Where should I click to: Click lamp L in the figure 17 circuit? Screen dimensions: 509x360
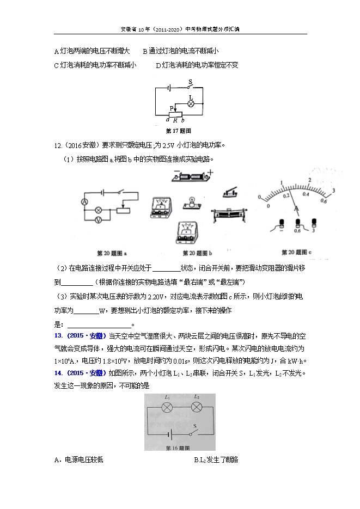click(191, 103)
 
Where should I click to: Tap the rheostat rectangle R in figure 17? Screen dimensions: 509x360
click(175, 115)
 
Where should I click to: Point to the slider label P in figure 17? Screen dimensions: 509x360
click(171, 108)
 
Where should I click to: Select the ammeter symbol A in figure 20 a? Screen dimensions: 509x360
click(85, 201)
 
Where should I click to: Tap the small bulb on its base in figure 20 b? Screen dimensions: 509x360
click(191, 200)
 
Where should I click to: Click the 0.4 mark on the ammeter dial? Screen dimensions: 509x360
click(306, 194)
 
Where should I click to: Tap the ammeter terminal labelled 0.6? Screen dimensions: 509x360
click(297, 223)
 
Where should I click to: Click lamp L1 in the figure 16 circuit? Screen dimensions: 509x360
click(168, 407)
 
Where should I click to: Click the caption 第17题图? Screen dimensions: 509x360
click(179, 131)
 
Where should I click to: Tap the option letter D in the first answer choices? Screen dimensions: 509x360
click(158, 65)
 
